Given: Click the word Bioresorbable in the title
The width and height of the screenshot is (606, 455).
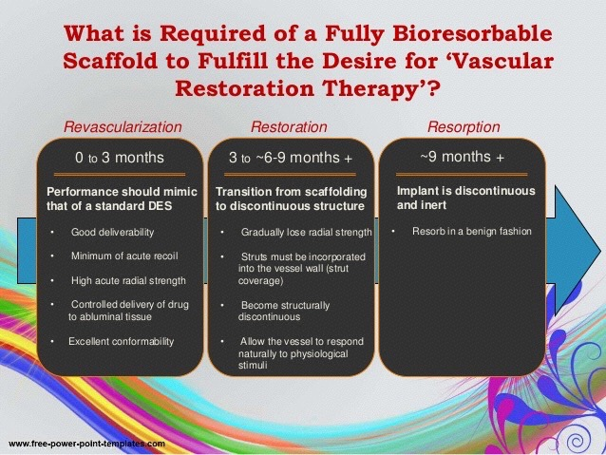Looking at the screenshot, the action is (472, 33).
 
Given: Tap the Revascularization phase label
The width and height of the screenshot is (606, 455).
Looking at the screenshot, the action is (123, 126).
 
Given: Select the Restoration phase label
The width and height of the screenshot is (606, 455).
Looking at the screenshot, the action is (289, 126).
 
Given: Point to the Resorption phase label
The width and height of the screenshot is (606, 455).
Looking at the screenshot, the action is (464, 126).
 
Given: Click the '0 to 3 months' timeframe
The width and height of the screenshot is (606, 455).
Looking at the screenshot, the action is (120, 158).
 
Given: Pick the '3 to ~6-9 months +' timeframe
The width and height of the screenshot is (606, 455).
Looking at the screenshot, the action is (291, 158).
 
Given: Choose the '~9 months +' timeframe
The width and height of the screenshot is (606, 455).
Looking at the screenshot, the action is (462, 157).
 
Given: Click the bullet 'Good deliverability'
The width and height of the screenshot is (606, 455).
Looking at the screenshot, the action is (112, 232).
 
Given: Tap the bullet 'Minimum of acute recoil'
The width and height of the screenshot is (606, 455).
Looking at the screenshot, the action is (124, 256).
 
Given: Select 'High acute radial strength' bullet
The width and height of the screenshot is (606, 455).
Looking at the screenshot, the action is (128, 280).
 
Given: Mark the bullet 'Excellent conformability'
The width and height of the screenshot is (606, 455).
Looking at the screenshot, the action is (122, 341).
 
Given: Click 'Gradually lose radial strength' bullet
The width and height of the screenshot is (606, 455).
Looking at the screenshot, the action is (307, 232).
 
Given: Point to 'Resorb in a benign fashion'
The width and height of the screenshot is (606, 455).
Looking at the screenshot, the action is (472, 231).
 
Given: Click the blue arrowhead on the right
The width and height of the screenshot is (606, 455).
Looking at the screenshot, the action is (575, 250).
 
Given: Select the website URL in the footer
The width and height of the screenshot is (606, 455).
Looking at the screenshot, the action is (86, 444).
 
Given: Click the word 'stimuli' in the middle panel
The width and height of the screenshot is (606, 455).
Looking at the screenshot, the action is (253, 366).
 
